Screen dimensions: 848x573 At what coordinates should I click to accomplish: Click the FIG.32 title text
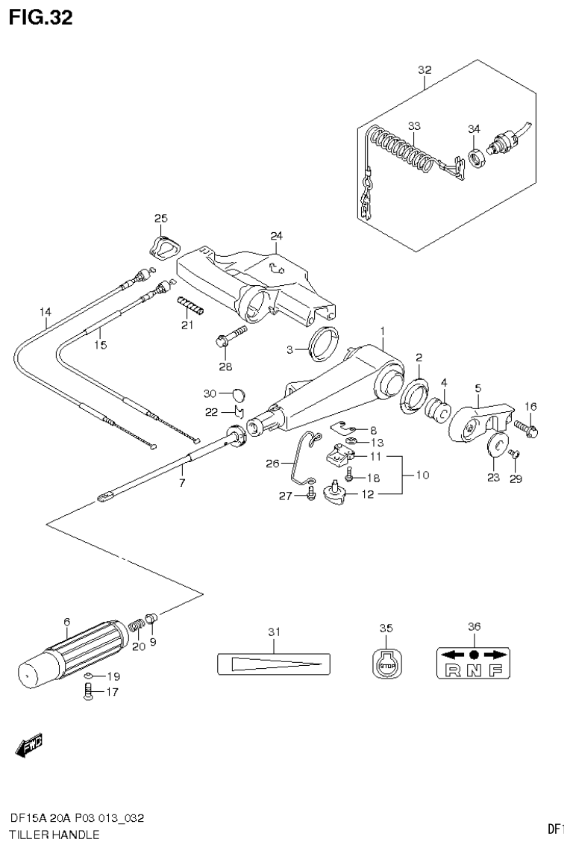tap(40, 18)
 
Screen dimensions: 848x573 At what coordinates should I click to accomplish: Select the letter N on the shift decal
tap(473, 669)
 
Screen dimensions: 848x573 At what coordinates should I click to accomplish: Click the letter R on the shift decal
tap(452, 669)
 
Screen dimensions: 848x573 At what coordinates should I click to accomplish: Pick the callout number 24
tap(277, 236)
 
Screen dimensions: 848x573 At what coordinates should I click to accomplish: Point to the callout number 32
tap(425, 70)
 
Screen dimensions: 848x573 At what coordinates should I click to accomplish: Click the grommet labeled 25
tap(162, 244)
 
